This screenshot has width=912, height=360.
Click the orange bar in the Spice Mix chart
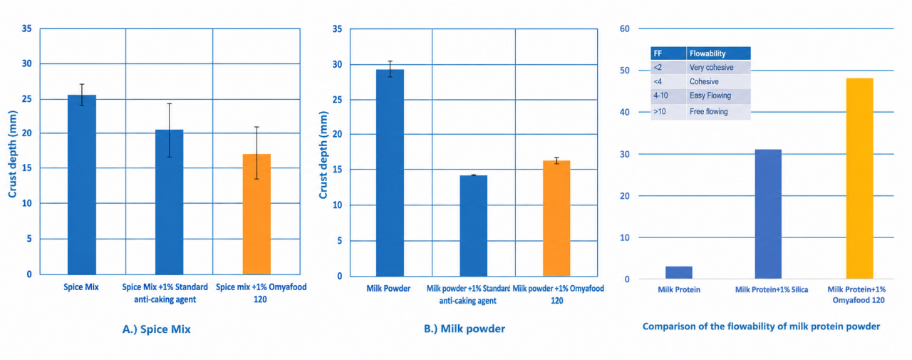(x=256, y=214)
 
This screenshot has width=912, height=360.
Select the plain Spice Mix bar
(x=82, y=185)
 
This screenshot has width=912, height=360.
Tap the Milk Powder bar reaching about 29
(x=390, y=173)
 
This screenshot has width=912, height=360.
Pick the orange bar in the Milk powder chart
(x=556, y=218)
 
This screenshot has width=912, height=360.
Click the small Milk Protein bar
(x=679, y=272)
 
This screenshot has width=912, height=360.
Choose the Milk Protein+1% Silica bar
(x=768, y=214)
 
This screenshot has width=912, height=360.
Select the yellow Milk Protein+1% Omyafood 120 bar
(x=859, y=178)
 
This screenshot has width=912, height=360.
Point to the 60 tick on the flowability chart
(x=625, y=29)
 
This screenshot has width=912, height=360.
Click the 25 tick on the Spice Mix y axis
(x=27, y=99)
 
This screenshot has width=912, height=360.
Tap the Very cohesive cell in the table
(x=711, y=68)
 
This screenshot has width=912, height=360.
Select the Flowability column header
(x=708, y=53)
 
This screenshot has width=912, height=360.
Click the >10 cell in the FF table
(x=660, y=112)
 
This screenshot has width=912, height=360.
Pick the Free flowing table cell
(x=708, y=112)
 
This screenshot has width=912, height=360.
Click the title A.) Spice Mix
(x=156, y=329)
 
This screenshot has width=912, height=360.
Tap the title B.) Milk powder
(x=464, y=329)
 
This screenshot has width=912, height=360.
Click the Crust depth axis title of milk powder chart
(x=323, y=155)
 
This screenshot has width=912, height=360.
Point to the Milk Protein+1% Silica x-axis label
(x=772, y=289)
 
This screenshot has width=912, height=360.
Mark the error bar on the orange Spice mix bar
(x=256, y=153)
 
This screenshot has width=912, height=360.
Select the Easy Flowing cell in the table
(x=710, y=96)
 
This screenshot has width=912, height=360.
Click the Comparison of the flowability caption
(x=762, y=326)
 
